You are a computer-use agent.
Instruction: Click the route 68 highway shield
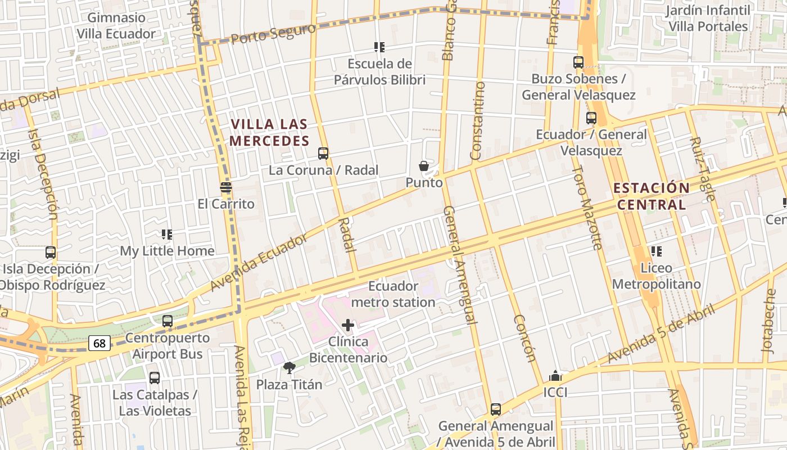point(99,343)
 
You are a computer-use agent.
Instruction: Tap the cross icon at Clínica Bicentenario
point(348,325)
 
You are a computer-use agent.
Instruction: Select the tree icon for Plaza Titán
point(290,368)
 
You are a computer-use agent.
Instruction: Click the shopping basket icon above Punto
point(424,166)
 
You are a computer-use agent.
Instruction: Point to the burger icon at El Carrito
point(226,187)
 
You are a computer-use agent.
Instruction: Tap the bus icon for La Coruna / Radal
point(323,153)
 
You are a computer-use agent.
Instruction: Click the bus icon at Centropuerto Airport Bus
point(168,321)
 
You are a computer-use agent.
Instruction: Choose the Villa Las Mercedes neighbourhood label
point(269,132)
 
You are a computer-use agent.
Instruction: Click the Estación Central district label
point(652,196)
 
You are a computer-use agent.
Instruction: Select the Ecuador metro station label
point(393,294)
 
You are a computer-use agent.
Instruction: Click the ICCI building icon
point(555,376)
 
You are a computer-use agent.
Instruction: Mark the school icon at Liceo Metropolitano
point(656,251)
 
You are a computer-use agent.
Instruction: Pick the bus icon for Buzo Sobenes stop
point(578,62)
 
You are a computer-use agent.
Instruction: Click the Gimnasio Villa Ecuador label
point(116,26)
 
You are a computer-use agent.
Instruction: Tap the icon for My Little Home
point(167,234)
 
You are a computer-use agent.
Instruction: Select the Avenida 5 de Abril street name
point(661,335)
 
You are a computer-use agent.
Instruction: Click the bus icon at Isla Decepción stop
point(51,253)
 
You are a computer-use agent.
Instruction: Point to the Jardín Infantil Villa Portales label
point(708,18)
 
